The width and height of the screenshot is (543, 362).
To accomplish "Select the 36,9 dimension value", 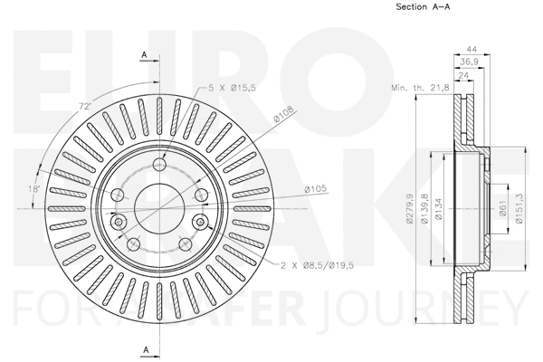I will pos(468,61).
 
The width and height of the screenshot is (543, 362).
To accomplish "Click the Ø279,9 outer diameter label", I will pos(410,209).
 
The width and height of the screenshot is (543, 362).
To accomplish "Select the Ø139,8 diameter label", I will pos(424,209).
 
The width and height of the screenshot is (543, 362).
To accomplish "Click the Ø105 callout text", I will pos(314,188).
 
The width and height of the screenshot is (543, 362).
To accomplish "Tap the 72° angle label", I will pos(85,107).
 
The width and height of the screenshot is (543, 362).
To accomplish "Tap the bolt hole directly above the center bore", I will pos(159,164).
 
